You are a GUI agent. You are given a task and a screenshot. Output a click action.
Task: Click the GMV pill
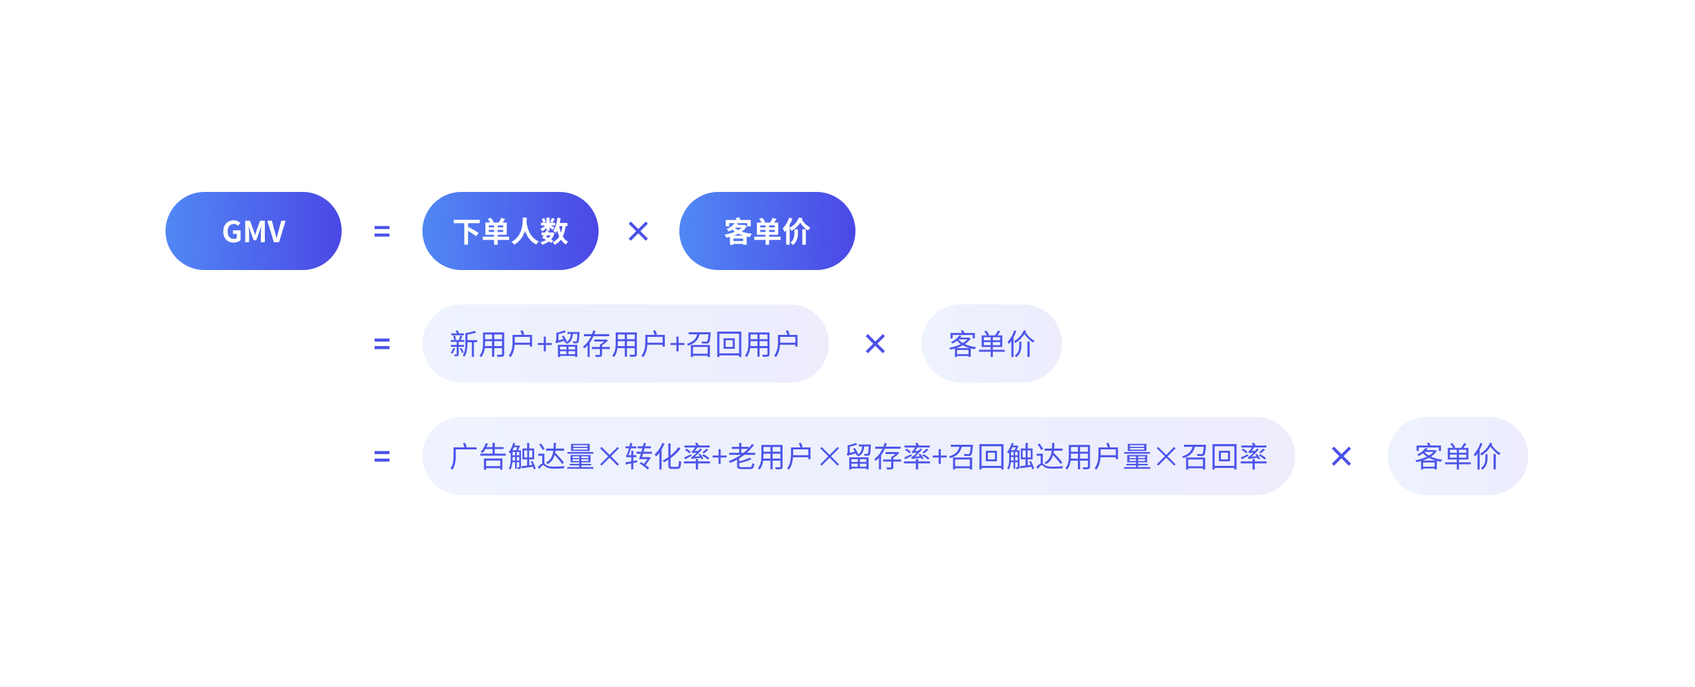[x=254, y=231]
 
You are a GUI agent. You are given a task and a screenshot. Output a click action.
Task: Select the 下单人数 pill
[x=510, y=231]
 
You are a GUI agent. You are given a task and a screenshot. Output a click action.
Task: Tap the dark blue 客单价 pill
[x=767, y=231]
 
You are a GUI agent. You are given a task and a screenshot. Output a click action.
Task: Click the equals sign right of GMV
[x=382, y=232]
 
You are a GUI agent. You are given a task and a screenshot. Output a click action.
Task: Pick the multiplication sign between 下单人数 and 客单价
[x=638, y=232]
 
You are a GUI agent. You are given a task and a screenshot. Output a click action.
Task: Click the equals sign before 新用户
[x=382, y=344]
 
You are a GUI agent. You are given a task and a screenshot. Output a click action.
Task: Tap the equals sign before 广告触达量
[x=382, y=457]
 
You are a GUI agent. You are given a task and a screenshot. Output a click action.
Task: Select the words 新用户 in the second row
[x=491, y=344]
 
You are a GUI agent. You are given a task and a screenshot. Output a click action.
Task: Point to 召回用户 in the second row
[x=743, y=344]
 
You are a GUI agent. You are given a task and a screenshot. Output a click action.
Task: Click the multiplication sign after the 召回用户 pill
[x=875, y=344]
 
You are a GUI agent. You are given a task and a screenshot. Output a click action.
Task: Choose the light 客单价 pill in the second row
[x=991, y=344]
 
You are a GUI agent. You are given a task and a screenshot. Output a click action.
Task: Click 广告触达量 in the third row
[x=522, y=457]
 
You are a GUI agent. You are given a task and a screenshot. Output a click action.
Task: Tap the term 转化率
[x=667, y=457]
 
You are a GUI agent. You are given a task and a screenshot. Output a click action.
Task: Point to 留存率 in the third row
[x=888, y=457]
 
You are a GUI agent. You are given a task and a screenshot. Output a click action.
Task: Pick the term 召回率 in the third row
[x=1224, y=457]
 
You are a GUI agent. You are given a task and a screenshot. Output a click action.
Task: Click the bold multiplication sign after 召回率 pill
[x=1341, y=457]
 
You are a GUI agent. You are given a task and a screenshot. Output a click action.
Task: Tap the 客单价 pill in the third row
[x=1457, y=457]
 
